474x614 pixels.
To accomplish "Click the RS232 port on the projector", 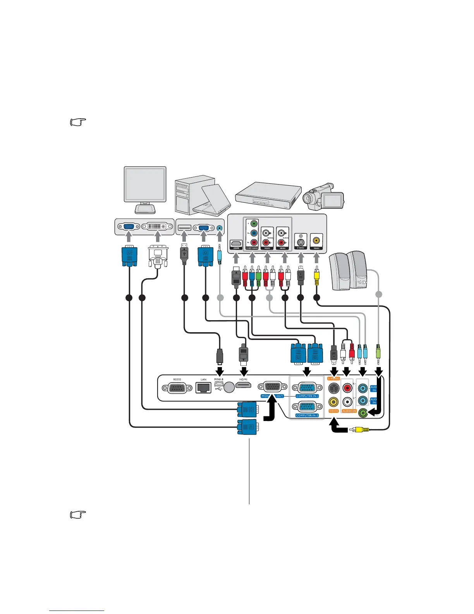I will (x=180, y=388).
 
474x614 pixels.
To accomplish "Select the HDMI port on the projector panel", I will (x=244, y=386).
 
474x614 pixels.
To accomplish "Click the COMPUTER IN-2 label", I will (x=307, y=415).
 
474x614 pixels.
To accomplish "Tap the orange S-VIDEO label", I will (x=333, y=378).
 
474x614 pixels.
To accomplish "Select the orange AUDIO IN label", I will (x=349, y=411).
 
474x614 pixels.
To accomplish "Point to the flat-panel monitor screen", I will (x=145, y=184).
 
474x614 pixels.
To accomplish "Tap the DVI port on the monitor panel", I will (x=157, y=226).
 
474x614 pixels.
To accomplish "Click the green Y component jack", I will (x=253, y=224).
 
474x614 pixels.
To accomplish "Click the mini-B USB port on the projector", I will (x=218, y=386).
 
